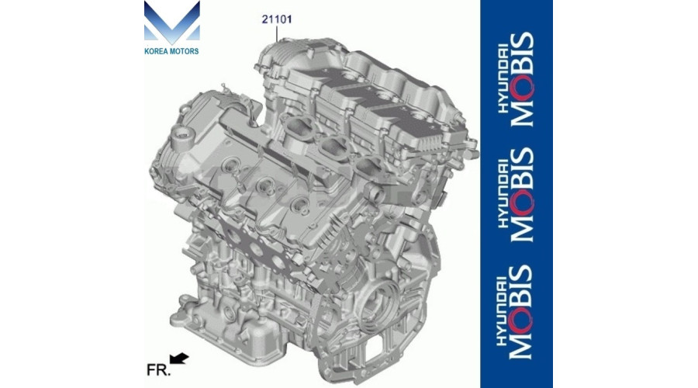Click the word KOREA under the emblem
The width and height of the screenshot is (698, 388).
157,51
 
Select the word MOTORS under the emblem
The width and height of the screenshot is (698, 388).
184,51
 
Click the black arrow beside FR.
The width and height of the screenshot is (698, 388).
180,359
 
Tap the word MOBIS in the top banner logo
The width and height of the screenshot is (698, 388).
524,79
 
